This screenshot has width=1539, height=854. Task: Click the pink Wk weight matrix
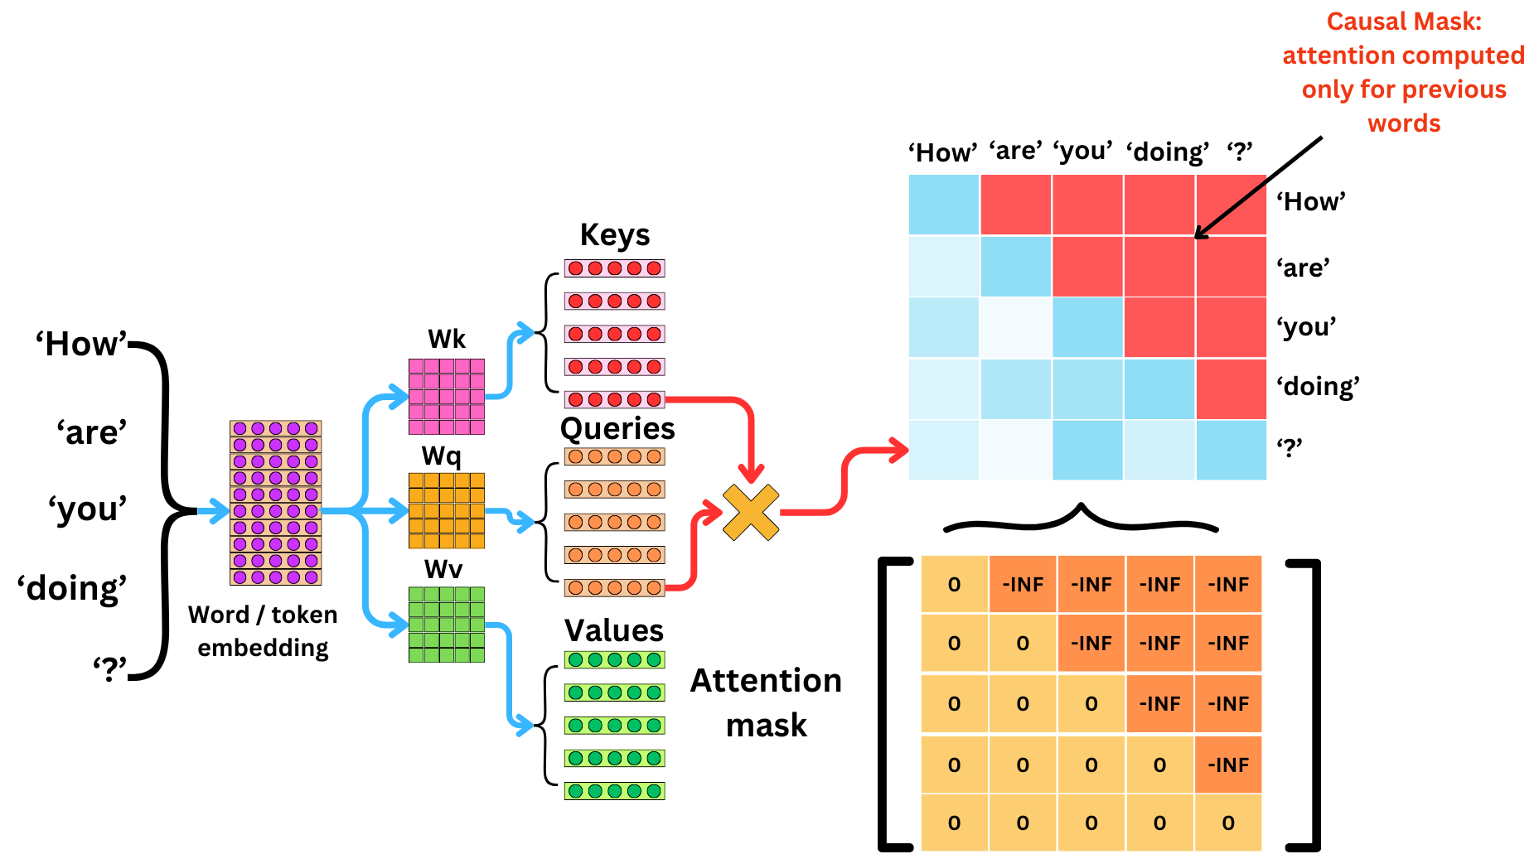[446, 396]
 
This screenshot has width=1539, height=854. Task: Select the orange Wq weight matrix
[446, 510]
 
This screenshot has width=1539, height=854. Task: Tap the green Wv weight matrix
[446, 625]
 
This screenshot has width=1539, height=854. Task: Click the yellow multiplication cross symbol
[751, 513]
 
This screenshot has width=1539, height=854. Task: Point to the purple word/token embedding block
[275, 503]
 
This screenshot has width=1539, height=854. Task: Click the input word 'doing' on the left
[72, 588]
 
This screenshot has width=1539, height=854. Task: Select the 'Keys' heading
[614, 234]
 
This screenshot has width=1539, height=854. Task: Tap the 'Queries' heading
[617, 428]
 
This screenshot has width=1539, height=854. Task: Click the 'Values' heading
[614, 630]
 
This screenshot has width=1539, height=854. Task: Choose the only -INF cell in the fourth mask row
[1227, 765]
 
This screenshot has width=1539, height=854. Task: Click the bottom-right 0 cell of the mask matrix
[1227, 823]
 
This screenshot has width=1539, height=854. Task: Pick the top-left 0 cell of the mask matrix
[954, 585]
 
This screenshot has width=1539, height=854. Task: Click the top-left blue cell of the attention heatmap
[944, 205]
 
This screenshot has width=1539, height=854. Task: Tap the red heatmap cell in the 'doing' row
[1231, 388]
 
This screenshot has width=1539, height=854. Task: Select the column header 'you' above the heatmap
[1082, 151]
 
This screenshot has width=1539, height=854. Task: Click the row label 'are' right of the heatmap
[1303, 268]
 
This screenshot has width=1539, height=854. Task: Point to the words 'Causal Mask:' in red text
[1403, 22]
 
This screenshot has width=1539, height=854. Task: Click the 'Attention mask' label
[766, 702]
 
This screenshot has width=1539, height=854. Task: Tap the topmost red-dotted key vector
[614, 268]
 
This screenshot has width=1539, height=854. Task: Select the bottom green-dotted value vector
[614, 791]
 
